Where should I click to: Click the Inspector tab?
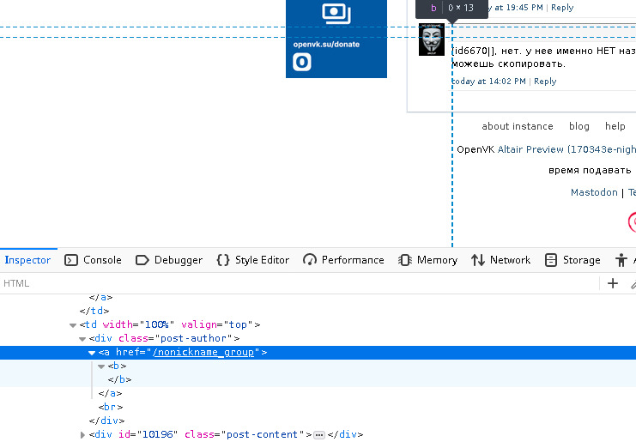pyautogui.click(x=27, y=260)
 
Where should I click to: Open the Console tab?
pyautogui.click(x=94, y=260)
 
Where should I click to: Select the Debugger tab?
pyautogui.click(x=169, y=260)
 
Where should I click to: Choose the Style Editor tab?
pyautogui.click(x=252, y=260)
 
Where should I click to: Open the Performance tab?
pyautogui.click(x=343, y=260)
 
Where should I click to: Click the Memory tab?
pyautogui.click(x=427, y=260)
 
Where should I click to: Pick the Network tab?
pyautogui.click(x=501, y=260)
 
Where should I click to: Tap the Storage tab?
pyautogui.click(x=572, y=260)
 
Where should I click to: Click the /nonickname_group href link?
pyautogui.click(x=204, y=353)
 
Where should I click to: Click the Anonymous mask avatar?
pyautogui.click(x=432, y=40)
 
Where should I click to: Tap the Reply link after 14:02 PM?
pyautogui.click(x=545, y=82)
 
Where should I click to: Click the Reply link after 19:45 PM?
pyautogui.click(x=562, y=8)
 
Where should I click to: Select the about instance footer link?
pyautogui.click(x=518, y=126)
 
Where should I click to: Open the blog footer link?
pyautogui.click(x=579, y=126)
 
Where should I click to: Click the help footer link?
pyautogui.click(x=615, y=126)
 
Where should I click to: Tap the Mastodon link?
pyautogui.click(x=594, y=193)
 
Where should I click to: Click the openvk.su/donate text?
pyautogui.click(x=326, y=44)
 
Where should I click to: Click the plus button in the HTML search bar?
pyautogui.click(x=613, y=283)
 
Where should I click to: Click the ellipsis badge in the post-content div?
pyautogui.click(x=319, y=435)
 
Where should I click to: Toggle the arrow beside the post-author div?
pyautogui.click(x=82, y=339)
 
